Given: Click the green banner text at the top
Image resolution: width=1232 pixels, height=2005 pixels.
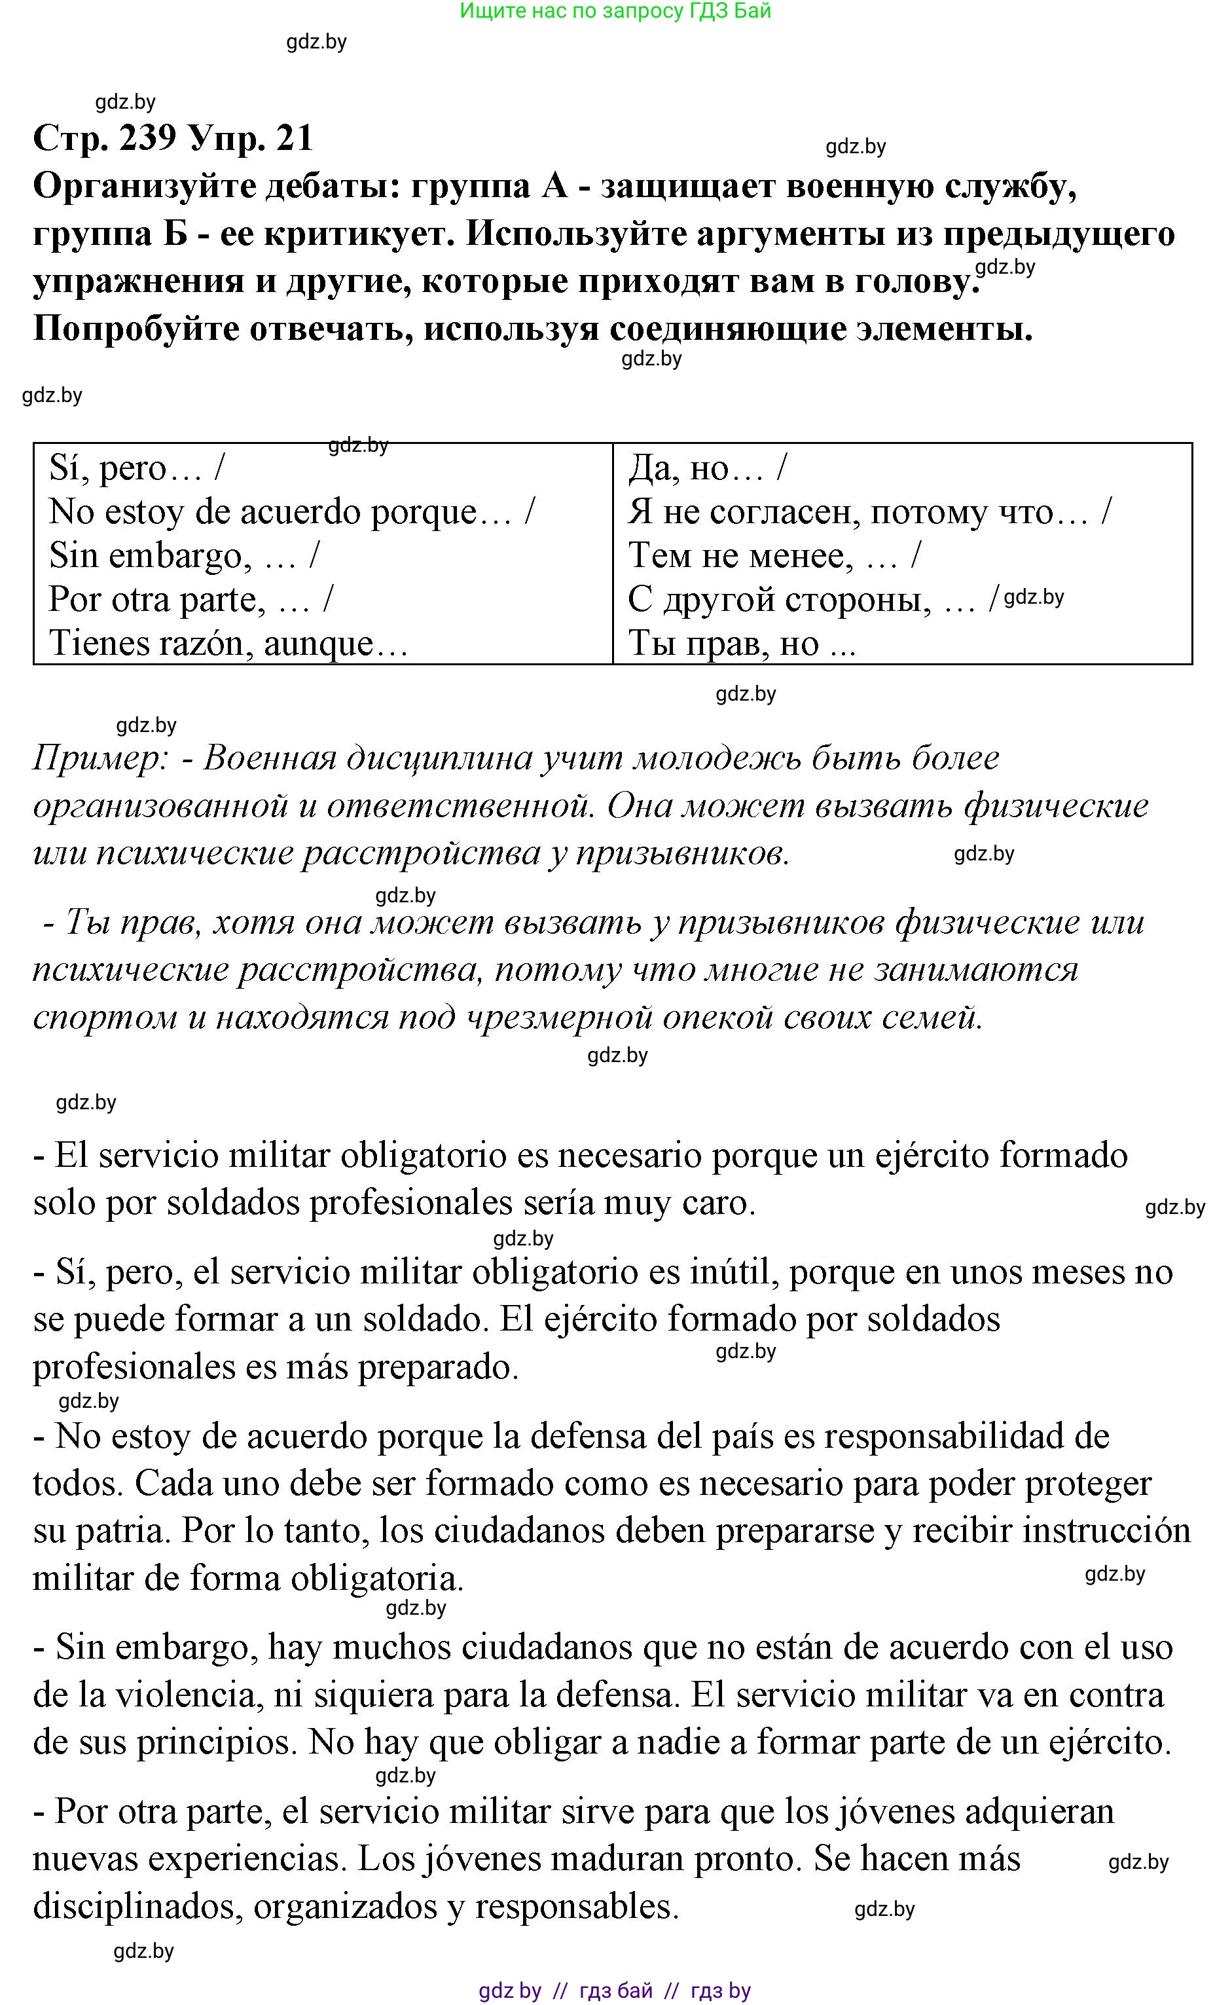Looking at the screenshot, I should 615,10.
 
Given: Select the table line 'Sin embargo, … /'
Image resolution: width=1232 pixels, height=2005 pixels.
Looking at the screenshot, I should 184,556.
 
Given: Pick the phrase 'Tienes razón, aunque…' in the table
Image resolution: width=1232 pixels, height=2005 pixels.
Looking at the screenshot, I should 228,644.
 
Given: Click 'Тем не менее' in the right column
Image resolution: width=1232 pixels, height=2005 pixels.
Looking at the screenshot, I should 736,556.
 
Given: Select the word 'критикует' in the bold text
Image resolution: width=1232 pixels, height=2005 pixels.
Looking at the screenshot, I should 357,234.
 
